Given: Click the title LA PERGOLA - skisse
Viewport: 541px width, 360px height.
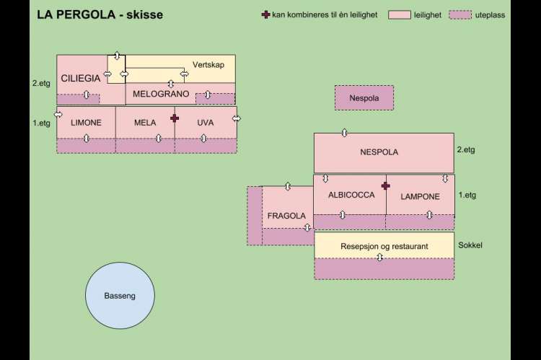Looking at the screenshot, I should (100, 15).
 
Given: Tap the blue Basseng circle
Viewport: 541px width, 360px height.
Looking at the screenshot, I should (120, 296).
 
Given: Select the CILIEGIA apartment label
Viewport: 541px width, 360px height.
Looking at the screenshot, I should (81, 78).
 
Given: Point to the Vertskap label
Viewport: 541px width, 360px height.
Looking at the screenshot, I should (208, 65).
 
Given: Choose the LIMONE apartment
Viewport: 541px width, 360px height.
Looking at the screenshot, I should (86, 123).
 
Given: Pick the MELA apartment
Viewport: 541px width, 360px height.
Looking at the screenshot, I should (145, 123).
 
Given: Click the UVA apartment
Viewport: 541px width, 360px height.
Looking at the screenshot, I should (206, 123).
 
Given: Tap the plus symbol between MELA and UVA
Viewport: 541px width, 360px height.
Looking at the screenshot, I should (174, 118).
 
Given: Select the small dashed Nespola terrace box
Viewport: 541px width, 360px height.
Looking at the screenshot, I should (364, 97).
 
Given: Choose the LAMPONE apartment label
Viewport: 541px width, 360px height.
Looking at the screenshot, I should (420, 196).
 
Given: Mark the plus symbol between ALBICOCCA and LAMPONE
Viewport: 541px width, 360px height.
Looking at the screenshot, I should (385, 185).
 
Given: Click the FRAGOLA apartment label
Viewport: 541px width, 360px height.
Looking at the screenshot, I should (286, 216).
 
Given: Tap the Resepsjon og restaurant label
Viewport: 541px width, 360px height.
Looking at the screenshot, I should (384, 246).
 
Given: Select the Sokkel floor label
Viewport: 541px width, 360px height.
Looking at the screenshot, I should (470, 245).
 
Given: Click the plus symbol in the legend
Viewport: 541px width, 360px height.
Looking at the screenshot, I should (265, 14).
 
